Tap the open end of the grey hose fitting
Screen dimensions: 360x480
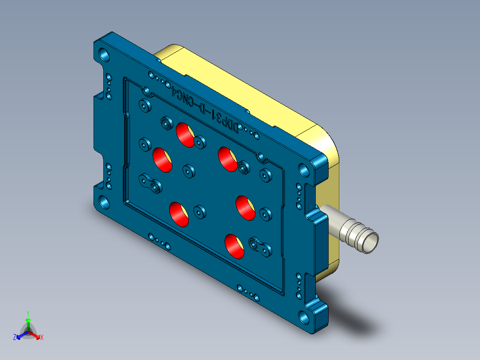click(370, 243)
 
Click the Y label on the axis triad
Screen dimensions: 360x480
click(28, 313)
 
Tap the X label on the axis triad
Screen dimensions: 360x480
click(41, 337)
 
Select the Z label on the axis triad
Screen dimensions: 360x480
click(15, 337)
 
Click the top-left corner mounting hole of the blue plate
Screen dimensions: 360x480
click(105, 55)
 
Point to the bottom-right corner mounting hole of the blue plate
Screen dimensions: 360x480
click(305, 317)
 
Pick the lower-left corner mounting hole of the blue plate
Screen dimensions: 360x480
click(104, 201)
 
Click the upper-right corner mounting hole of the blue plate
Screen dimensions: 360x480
click(304, 169)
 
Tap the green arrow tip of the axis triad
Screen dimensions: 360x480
click(28, 320)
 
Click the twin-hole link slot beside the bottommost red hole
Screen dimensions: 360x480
click(260, 246)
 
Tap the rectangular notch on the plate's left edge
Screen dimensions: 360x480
click(98, 123)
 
